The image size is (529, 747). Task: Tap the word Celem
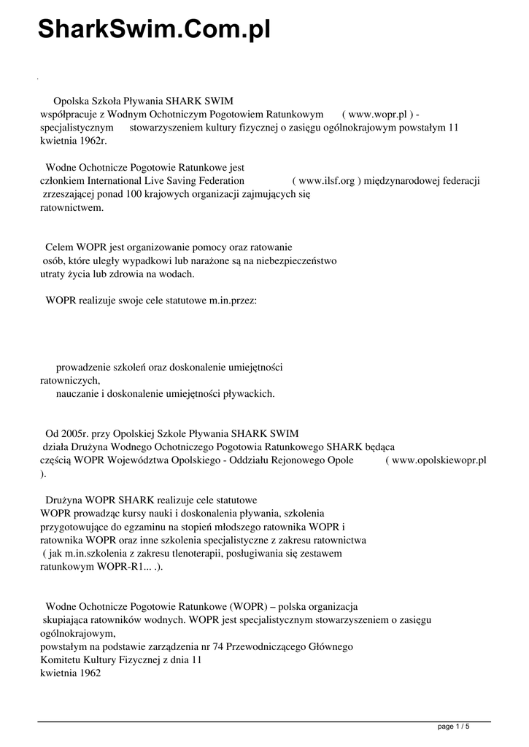(x=60, y=247)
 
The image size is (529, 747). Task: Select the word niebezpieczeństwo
(x=290, y=260)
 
